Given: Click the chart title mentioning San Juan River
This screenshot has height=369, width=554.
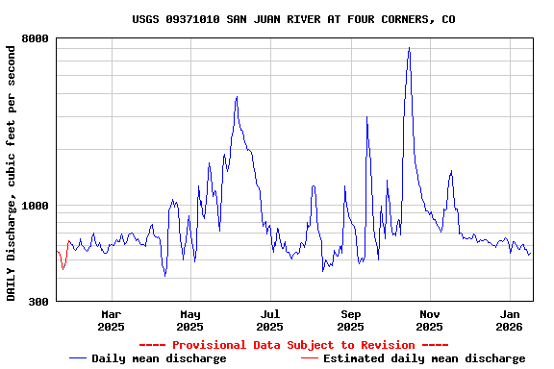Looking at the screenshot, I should click(294, 19).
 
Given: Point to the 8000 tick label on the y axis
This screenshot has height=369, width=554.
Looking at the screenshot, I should click(36, 38).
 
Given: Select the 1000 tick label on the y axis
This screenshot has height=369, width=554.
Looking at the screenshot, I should click(36, 206).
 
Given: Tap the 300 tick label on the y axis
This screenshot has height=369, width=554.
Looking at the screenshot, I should click(38, 302).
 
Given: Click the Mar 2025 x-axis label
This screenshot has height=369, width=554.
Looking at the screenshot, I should click(111, 320).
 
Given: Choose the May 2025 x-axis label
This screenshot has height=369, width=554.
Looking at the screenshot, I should click(190, 320).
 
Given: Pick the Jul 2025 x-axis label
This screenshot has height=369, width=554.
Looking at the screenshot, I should click(270, 320).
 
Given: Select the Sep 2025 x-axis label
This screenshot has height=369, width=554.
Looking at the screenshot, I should click(350, 320).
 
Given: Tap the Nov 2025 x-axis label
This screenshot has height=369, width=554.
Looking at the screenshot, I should click(430, 320).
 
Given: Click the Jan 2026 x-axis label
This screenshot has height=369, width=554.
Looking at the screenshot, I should click(510, 320).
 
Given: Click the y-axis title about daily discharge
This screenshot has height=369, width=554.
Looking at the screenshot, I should click(12, 171).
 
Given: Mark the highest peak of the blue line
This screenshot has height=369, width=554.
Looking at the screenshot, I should click(409, 48).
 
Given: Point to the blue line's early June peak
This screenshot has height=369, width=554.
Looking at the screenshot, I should click(237, 97).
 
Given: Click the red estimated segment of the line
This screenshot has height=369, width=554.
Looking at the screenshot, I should click(63, 261).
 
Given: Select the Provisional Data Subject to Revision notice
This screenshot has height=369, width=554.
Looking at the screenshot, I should click(293, 344).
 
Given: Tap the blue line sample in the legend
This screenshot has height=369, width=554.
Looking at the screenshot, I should click(78, 358).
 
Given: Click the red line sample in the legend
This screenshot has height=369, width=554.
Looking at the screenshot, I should click(310, 358).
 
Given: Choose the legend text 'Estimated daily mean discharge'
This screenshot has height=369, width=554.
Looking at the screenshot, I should click(424, 358).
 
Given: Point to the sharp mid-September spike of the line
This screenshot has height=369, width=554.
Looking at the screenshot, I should click(366, 117).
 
